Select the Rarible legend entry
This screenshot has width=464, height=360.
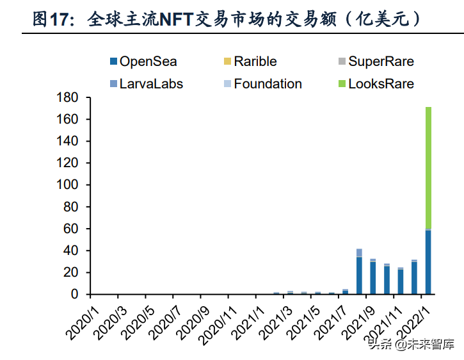coord(255,61)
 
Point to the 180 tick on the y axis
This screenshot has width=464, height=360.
coord(69,98)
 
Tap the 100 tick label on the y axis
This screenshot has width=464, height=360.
coord(69,185)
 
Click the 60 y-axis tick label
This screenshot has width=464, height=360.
coord(72,229)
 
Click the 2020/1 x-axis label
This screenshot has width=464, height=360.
coord(81,318)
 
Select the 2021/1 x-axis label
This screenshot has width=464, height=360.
coord(245,318)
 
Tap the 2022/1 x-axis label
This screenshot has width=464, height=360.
coord(410,318)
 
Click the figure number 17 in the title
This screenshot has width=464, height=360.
coord(60,20)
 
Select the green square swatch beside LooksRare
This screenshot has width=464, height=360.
coord(342,84)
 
